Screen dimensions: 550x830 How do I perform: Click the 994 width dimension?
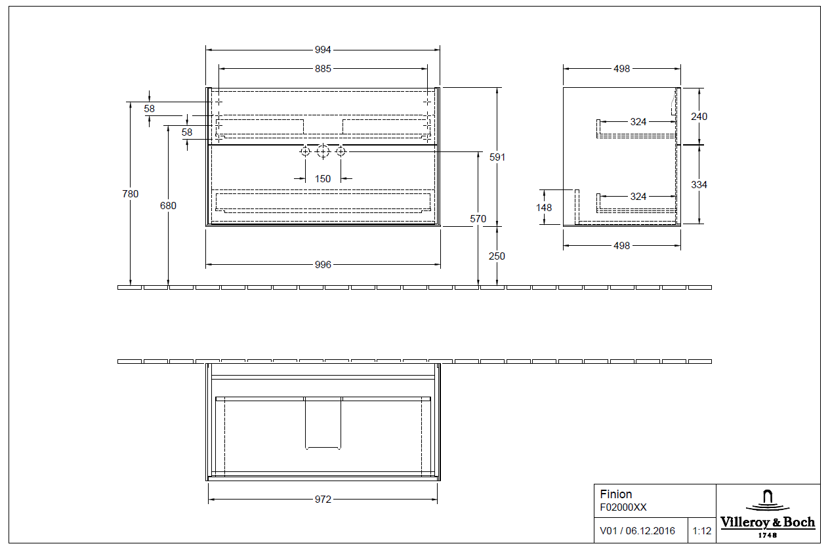click(323, 50)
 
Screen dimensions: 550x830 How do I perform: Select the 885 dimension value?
click(323, 68)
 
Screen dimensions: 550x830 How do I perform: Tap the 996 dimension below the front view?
click(323, 265)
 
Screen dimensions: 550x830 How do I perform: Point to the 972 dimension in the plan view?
click(323, 500)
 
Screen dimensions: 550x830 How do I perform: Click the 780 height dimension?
click(131, 193)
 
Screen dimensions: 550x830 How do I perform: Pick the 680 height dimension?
click(168, 205)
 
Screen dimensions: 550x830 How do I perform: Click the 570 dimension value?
click(478, 219)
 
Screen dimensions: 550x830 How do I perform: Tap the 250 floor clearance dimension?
click(497, 256)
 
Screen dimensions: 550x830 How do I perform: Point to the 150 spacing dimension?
click(323, 178)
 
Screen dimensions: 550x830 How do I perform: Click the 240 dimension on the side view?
click(699, 116)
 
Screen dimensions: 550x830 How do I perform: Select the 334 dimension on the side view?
click(699, 185)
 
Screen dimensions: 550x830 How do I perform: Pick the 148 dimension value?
click(544, 207)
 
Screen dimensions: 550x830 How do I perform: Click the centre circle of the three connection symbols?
click(322, 151)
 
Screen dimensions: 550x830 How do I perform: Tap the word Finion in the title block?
click(616, 494)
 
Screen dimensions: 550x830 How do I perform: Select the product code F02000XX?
click(623, 507)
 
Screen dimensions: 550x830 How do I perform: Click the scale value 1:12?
click(701, 531)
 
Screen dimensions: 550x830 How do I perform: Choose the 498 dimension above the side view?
click(621, 68)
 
